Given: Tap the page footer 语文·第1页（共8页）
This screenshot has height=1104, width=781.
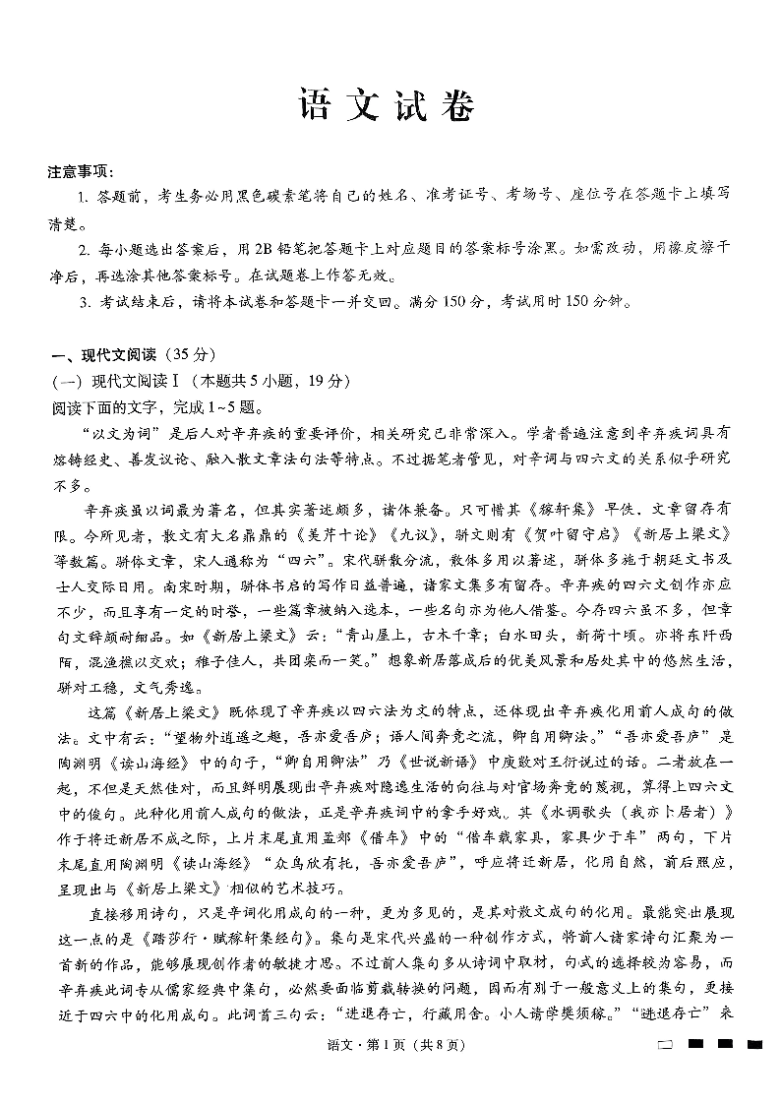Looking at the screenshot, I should tap(390, 1075).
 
